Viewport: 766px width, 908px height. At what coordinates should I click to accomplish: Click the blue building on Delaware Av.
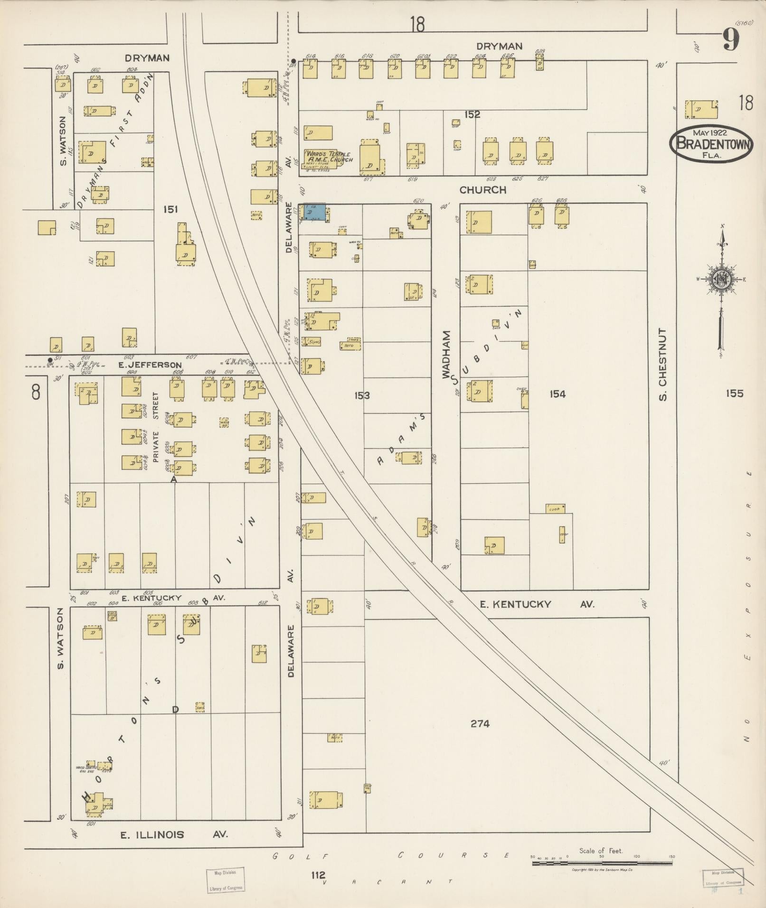pyautogui.click(x=314, y=212)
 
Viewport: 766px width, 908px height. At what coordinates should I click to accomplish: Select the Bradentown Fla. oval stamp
pyautogui.click(x=711, y=144)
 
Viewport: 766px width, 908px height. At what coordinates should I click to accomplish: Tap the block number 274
pyautogui.click(x=480, y=723)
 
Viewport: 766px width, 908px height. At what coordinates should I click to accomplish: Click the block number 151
pyautogui.click(x=170, y=209)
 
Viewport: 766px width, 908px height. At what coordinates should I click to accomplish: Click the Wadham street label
pyautogui.click(x=446, y=354)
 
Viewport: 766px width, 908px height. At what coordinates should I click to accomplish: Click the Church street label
pyautogui.click(x=482, y=190)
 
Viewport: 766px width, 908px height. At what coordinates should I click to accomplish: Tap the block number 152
pyautogui.click(x=473, y=114)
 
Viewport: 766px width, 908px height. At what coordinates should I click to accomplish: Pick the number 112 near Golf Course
pyautogui.click(x=319, y=874)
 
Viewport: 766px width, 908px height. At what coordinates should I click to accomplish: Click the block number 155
pyautogui.click(x=734, y=393)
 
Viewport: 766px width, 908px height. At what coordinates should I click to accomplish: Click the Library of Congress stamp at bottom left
pyautogui.click(x=226, y=880)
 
